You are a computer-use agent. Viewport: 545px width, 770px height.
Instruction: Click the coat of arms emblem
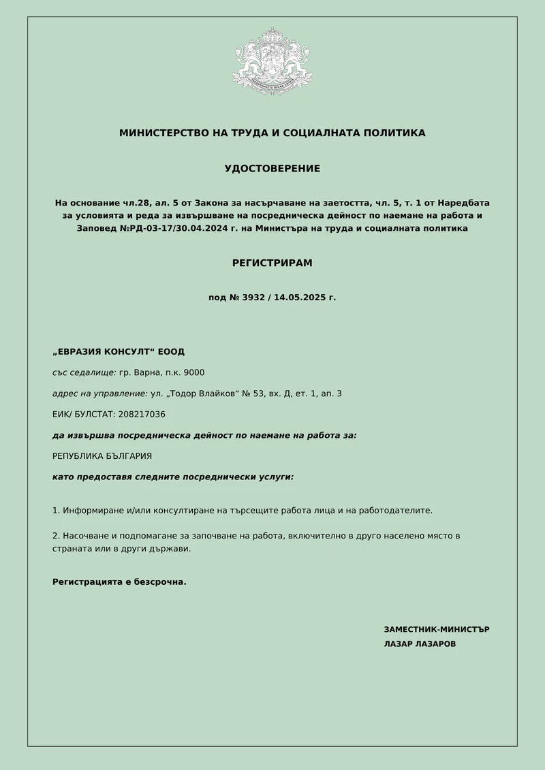[x=272, y=61]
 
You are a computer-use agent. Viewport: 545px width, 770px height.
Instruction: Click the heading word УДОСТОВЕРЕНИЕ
[x=272, y=169]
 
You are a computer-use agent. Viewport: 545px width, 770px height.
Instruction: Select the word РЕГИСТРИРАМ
[x=272, y=263]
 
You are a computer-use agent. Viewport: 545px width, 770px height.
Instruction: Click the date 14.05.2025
[x=302, y=298]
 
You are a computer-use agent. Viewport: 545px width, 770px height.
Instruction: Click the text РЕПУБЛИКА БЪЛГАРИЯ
[x=102, y=456]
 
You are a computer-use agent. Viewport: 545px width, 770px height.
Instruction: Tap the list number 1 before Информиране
[x=55, y=510]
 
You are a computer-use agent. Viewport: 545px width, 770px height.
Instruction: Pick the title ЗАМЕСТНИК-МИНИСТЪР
[x=437, y=630]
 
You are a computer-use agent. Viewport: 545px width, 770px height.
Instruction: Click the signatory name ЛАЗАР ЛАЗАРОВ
[x=420, y=644]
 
